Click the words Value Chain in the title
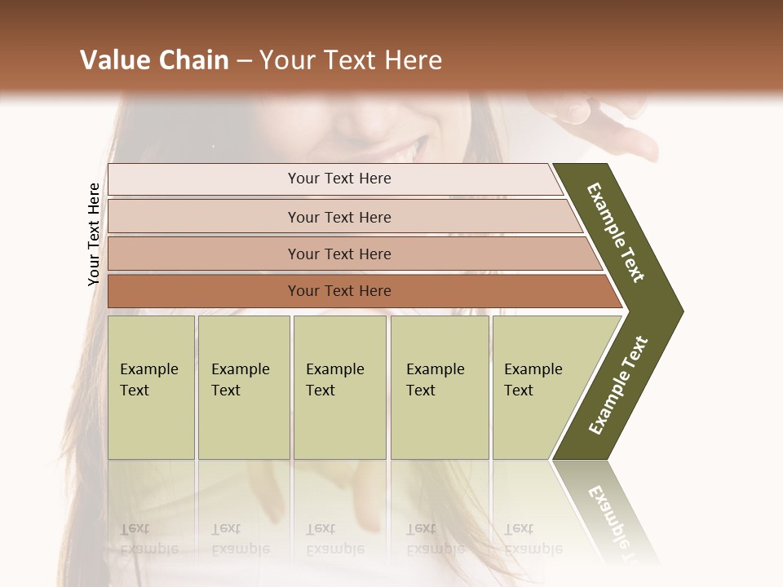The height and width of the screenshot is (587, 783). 154,60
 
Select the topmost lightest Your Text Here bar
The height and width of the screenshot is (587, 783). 338,179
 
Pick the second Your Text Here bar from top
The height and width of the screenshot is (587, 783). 338,217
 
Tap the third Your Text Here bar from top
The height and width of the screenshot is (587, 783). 338,254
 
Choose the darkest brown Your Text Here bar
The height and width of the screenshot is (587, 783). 338,291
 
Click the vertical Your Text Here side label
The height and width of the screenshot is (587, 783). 94,234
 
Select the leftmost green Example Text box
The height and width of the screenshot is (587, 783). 151,386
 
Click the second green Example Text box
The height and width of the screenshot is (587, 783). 243,386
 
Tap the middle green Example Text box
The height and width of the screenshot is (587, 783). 339,386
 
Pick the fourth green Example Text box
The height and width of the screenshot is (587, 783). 439,386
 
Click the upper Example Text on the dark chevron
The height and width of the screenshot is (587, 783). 617,232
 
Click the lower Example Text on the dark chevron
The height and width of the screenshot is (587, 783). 618,385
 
